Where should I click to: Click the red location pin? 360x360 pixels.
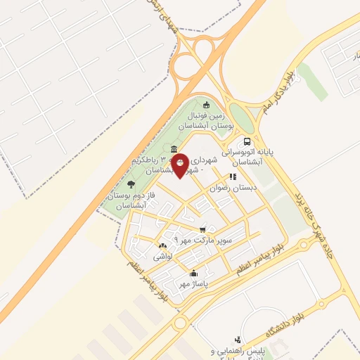[x=181, y=165]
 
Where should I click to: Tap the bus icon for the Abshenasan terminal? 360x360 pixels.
[x=246, y=141]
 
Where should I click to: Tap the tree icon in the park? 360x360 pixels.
[x=131, y=184]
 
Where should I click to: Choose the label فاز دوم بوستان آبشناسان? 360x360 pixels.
[x=130, y=199]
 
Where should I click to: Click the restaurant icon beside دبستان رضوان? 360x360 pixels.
[x=233, y=176]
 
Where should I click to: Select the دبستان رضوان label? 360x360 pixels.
[x=233, y=188]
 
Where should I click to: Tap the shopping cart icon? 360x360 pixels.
[x=202, y=229]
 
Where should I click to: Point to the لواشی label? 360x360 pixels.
[x=162, y=257]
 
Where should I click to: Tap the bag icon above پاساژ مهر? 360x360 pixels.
[x=194, y=274]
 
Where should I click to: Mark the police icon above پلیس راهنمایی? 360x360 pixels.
[x=238, y=340]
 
